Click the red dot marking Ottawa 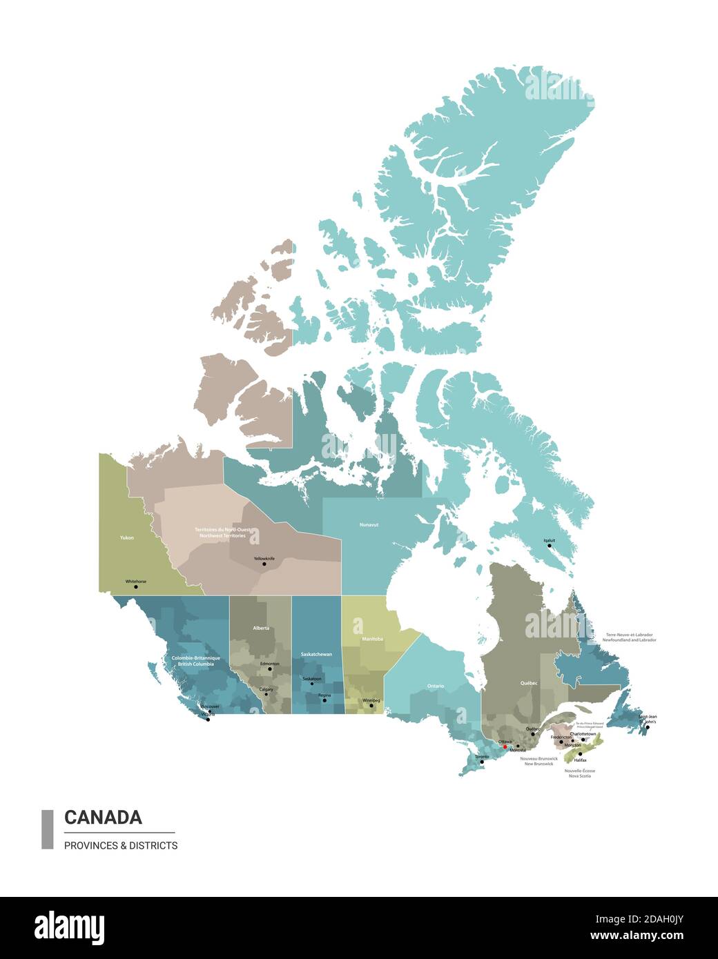(505, 747)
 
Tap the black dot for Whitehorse (135, 587)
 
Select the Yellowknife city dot (264, 564)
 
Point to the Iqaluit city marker (550, 546)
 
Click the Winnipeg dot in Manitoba (371, 705)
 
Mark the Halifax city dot (580, 753)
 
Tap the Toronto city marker (482, 762)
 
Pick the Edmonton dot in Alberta (270, 669)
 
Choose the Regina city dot (324, 700)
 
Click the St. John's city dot (648, 727)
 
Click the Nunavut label (369, 525)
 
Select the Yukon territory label (126, 537)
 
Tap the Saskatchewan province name (316, 654)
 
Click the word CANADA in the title (103, 818)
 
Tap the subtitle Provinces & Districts (121, 845)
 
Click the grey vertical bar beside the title (48, 829)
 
